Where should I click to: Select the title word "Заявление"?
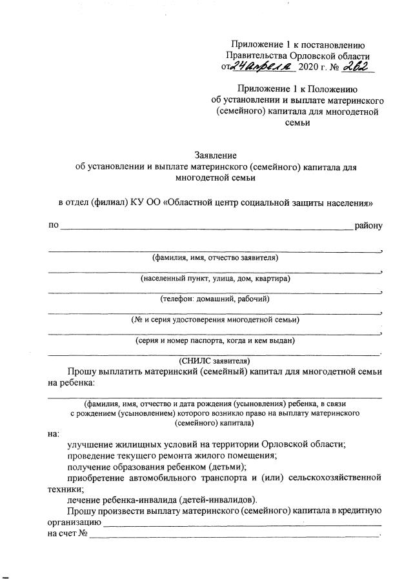(x=216, y=155)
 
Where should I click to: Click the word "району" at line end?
(x=369, y=226)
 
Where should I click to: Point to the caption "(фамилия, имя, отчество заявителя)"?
(x=215, y=257)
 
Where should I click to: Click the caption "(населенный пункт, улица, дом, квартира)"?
(x=215, y=279)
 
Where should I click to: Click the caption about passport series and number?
(x=215, y=340)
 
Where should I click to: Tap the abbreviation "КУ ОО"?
(x=146, y=202)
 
